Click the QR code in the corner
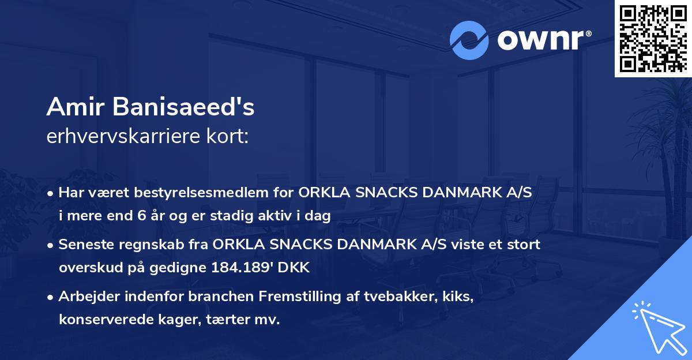tap(652, 39)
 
